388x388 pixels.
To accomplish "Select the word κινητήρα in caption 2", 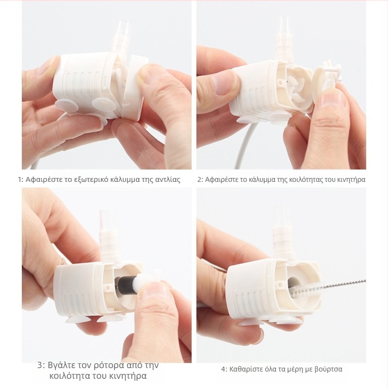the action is click(x=351, y=179).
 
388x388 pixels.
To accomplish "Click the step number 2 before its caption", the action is click(x=200, y=179).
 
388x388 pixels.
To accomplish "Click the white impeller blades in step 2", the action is click(x=296, y=87).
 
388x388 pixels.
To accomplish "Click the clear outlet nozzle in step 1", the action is click(x=123, y=29).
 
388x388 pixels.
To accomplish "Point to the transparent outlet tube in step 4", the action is click(x=283, y=216).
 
